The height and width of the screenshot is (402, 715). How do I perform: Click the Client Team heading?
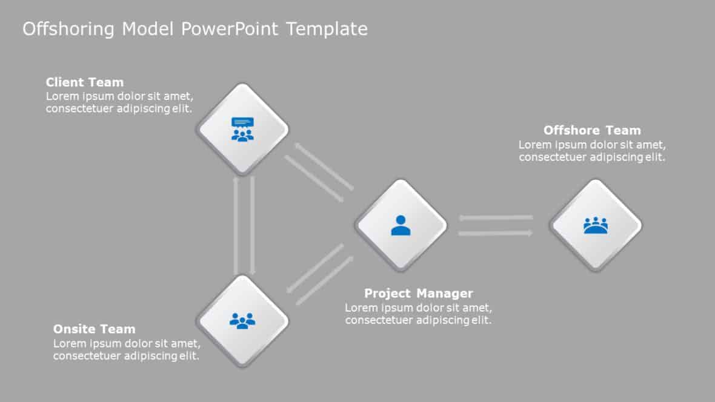[84, 82]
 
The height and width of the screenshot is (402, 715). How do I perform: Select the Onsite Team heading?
[94, 329]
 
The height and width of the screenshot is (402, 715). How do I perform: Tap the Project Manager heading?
[418, 294]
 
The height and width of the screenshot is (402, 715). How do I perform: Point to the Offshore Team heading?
[591, 130]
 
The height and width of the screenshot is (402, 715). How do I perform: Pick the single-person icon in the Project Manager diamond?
[401, 225]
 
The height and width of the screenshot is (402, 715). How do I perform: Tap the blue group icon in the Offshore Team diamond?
[595, 225]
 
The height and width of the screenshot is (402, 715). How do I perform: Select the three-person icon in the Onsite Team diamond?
[242, 320]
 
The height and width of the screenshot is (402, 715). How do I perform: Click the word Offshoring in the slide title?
[69, 29]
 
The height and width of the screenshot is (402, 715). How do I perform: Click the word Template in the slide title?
[327, 29]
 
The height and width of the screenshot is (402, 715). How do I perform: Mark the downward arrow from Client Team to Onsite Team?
[252, 225]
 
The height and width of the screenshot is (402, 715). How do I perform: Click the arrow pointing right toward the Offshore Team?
[496, 233]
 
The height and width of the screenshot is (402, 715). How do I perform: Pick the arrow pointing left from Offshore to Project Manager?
[496, 217]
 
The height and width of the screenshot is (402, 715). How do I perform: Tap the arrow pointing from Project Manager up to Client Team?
[324, 166]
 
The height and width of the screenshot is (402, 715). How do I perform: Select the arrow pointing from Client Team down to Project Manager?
[314, 179]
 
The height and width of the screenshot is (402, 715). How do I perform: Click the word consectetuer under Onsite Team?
[87, 356]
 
